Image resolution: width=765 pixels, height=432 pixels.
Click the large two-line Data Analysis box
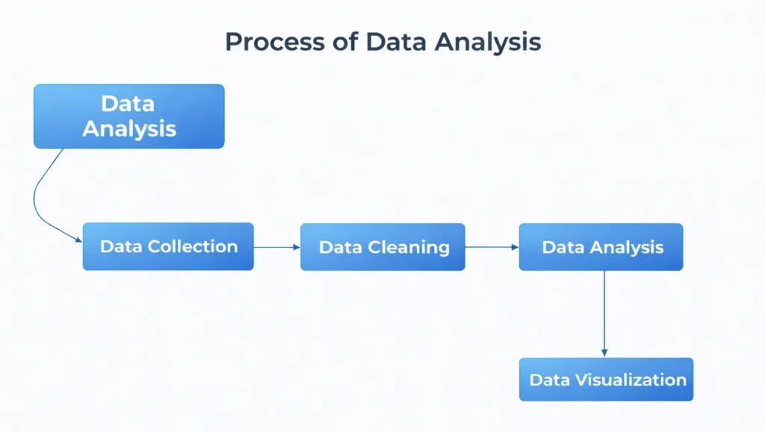[x=128, y=116]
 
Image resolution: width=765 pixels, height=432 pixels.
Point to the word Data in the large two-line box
[x=128, y=104]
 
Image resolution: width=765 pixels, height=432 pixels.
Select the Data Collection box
[x=168, y=246]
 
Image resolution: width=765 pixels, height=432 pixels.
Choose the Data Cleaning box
[x=382, y=247]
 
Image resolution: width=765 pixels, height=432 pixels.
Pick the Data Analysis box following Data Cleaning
[x=601, y=247]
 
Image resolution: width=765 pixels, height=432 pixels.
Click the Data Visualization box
[x=606, y=380]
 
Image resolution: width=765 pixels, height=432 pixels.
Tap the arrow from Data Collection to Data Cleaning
[x=276, y=246]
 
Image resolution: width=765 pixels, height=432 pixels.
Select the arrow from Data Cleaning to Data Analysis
[x=491, y=246]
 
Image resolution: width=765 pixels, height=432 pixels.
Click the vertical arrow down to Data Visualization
[x=604, y=313]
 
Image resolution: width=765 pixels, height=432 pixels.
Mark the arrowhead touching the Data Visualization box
[x=604, y=353]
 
